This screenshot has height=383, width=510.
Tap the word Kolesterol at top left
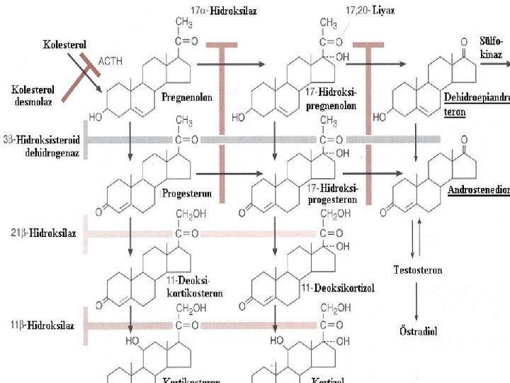pos(65,44)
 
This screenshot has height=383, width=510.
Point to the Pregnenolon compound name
pos(188,96)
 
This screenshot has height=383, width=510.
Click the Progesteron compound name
pos(187,194)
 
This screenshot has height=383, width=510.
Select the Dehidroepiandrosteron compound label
pos(476,104)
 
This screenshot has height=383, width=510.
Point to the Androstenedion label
pos(478,190)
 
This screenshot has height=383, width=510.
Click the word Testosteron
pos(418,270)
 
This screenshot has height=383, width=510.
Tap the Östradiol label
pos(417,331)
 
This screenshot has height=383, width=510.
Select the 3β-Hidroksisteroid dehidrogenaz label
pos(41,145)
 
